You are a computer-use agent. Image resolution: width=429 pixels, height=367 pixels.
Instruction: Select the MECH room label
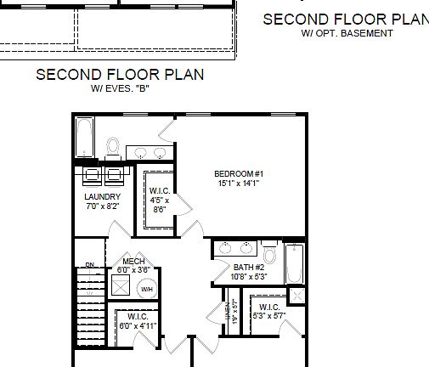(131, 261)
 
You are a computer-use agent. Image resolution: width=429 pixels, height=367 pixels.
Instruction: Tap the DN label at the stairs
(79, 264)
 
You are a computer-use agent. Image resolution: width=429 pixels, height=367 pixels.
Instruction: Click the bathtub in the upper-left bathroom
(85, 138)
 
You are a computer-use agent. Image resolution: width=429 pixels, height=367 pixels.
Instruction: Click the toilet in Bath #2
(269, 254)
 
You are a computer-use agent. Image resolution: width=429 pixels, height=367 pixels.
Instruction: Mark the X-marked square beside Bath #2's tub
(296, 296)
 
